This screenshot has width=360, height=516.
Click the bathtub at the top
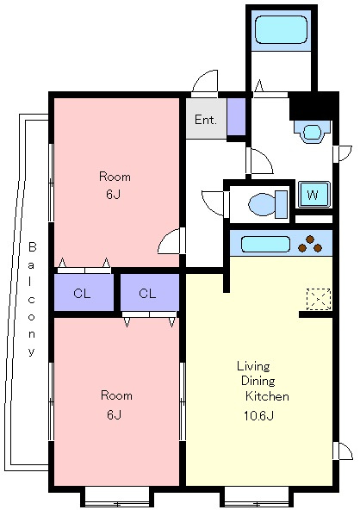tap(281, 30)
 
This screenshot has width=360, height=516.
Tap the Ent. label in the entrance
tap(206, 120)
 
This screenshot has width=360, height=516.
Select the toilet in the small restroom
tap(268, 204)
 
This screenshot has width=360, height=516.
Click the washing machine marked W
tap(313, 195)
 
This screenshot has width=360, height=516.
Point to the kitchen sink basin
tap(265, 245)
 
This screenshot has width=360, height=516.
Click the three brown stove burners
tap(310, 244)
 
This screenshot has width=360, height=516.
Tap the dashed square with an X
tap(318, 299)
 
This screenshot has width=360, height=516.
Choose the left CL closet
tap(84, 292)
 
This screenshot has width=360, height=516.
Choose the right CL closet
tap(150, 292)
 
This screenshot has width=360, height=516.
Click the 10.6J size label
tap(258, 416)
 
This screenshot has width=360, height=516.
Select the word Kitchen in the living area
tap(267, 396)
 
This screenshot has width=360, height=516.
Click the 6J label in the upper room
tap(113, 194)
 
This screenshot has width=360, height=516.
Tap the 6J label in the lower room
tap(115, 414)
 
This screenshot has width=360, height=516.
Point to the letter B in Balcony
tap(32, 247)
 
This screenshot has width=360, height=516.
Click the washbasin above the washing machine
tap(311, 133)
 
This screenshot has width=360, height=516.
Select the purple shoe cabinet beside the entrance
tap(237, 117)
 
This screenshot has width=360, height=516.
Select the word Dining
tap(258, 381)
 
